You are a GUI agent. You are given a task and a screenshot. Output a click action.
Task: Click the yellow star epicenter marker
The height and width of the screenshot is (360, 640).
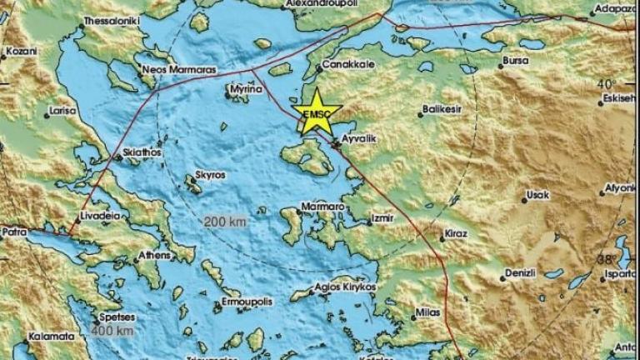[317, 114]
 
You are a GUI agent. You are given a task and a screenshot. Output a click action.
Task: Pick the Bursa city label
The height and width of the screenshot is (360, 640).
[516, 62]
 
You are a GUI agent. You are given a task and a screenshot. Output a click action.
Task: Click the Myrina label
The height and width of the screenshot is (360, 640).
[240, 86]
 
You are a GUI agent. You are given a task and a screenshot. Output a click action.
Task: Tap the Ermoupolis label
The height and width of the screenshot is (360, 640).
[242, 301]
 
